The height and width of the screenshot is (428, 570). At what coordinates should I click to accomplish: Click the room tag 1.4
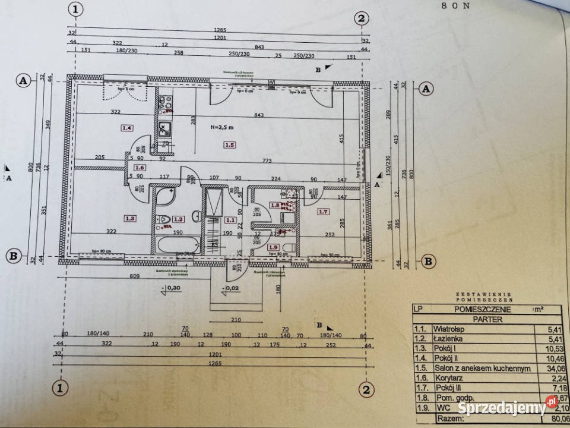coord(126,127)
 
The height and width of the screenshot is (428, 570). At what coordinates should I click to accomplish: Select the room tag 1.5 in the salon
coord(230,144)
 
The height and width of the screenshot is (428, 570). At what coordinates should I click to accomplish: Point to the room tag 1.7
coord(323,212)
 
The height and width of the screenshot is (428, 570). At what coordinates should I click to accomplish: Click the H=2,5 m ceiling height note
coord(223,127)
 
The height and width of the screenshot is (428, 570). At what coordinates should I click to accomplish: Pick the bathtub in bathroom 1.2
coord(176,244)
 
